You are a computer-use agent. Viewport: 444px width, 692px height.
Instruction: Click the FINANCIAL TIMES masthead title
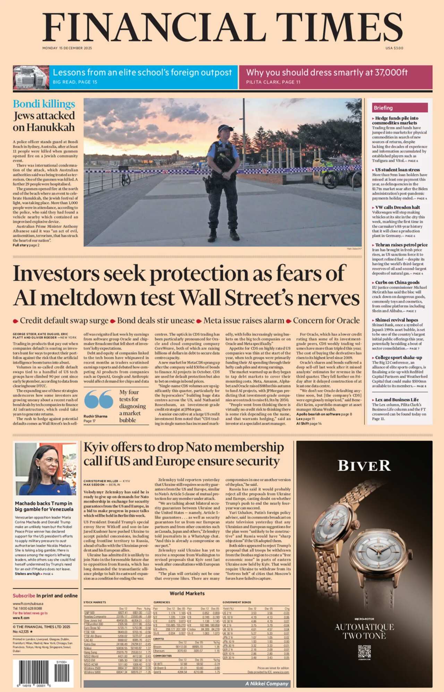pos(222,27)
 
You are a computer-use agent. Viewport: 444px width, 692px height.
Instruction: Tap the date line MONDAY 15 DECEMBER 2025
pos(67,48)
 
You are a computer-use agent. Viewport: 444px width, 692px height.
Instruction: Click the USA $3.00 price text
pos(394,48)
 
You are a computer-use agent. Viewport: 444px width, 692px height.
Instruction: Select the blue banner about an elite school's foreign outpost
pos(142,77)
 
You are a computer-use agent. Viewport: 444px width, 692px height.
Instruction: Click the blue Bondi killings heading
pos(44,104)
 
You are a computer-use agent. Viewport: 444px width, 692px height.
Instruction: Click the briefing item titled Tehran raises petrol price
pos(401,245)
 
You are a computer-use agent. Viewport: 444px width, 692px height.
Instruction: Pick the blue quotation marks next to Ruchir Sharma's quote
pos(99,399)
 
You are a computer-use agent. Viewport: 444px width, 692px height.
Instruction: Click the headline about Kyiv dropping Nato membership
pos(183,454)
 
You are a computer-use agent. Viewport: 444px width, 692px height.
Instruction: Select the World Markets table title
pos(187,593)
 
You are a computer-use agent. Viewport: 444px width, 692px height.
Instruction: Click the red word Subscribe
pos(24,595)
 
